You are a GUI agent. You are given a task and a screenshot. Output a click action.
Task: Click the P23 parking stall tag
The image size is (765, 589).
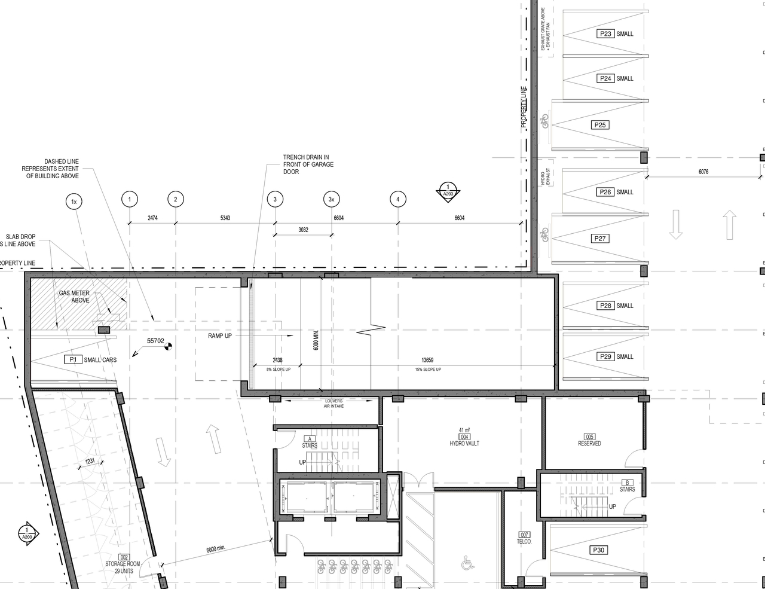coord(605,34)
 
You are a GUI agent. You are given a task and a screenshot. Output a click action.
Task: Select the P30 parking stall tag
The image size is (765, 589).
coord(598,550)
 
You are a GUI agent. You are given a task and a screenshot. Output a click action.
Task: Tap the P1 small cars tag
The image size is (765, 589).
coord(74,359)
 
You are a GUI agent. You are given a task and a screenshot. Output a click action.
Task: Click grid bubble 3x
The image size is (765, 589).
coord(332,200)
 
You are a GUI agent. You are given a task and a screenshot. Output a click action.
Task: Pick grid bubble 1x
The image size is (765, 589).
coord(74,202)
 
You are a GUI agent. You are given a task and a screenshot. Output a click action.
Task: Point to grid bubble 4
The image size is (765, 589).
coord(398,200)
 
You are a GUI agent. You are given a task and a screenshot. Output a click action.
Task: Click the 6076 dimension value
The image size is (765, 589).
coord(703,172)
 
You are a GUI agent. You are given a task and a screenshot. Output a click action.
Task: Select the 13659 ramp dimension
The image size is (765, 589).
coord(427,360)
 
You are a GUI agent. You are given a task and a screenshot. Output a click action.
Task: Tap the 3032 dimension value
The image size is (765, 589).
coord(303,230)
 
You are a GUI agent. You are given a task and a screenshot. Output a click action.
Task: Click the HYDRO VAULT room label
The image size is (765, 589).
coord(464,443)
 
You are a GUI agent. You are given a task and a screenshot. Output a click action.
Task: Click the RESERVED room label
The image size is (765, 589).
coord(589,443)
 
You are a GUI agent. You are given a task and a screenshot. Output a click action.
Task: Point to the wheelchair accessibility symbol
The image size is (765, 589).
coord(467,563)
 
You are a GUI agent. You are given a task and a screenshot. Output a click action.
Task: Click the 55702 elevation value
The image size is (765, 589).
coord(155,341)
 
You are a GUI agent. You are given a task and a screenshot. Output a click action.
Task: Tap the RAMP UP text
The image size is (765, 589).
coord(220,336)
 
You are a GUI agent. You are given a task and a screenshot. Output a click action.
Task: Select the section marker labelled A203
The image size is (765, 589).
coord(448,191)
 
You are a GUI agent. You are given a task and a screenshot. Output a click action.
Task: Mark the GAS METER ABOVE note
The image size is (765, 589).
coord(74,297)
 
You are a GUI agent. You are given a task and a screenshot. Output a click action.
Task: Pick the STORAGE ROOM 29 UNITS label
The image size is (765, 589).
coord(123,567)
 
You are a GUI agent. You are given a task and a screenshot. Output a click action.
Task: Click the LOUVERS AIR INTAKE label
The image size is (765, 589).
coord(333,403)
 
